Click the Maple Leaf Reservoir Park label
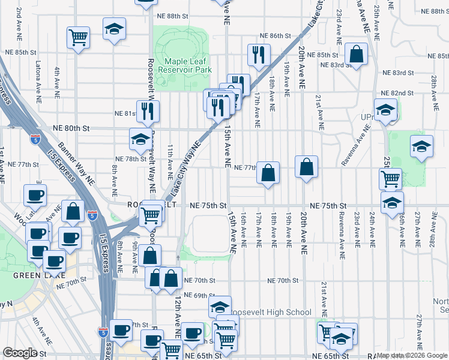[185, 65]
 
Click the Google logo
[20, 353]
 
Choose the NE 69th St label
[199, 295]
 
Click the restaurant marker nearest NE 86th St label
[259, 55]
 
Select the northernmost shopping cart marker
[78, 37]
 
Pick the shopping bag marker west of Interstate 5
[73, 212]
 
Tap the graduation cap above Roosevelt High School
[220, 307]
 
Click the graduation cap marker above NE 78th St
[140, 140]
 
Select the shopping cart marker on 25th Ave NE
[390, 178]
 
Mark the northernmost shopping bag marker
[356, 53]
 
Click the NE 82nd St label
[398, 93]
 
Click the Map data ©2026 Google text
[412, 355]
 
